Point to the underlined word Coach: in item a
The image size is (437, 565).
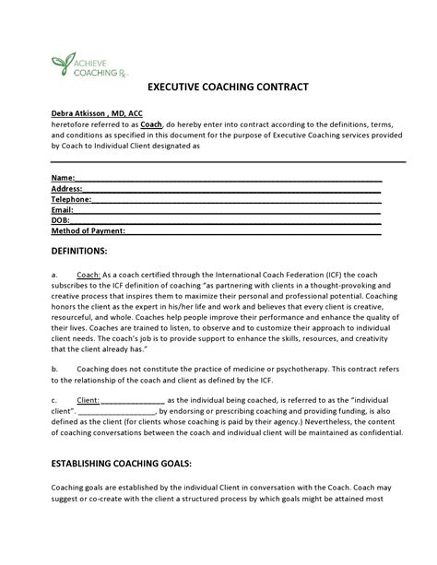click(89, 275)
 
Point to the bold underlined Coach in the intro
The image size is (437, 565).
click(124, 124)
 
